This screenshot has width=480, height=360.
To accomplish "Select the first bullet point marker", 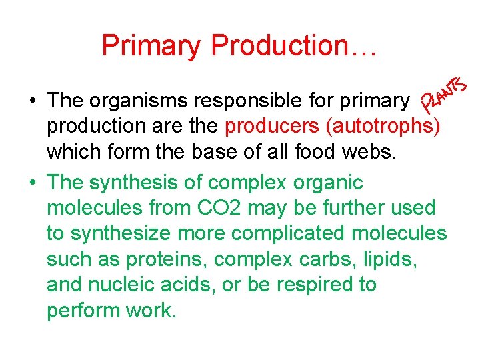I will click(32, 101).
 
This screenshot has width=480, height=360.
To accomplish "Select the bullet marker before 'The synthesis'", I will click(32, 183).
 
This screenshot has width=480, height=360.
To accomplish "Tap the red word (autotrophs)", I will click(381, 127).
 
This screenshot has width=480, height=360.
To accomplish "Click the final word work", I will click(151, 311).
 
